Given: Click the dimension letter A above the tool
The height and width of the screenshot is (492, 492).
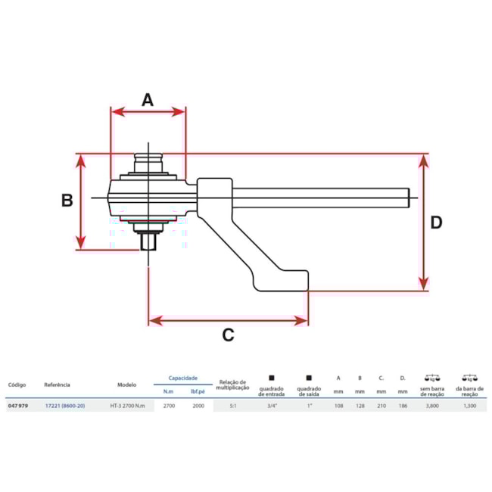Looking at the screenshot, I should point(148,99).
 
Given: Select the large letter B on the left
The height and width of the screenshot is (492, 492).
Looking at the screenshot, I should point(67,201).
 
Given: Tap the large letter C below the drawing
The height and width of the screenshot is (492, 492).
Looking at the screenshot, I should point(228,335).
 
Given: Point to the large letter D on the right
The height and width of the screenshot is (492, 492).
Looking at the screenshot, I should point(437,223).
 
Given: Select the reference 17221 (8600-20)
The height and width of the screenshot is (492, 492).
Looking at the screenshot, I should point(66,406).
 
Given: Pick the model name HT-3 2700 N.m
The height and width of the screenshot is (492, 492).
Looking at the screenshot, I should point(132,406).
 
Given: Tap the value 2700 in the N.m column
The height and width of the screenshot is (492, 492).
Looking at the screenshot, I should point(170,406).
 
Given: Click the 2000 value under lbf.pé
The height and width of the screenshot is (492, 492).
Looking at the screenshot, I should point(198,406).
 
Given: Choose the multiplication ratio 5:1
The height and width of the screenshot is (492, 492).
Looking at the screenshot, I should point(232,406).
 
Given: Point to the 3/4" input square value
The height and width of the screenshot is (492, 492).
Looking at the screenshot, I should point(272,406).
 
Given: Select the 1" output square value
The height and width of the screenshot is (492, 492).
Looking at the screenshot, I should point(309,406).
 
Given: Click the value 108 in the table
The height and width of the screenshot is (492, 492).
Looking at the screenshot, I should point(338,406).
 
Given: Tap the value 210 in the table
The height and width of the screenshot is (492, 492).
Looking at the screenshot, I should point(381,406).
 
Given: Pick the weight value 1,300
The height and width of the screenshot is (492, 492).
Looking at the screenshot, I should point(469,406).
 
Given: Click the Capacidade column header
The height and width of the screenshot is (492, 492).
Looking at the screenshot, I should point(182,378).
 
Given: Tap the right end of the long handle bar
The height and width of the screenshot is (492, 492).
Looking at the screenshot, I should point(409,198).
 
